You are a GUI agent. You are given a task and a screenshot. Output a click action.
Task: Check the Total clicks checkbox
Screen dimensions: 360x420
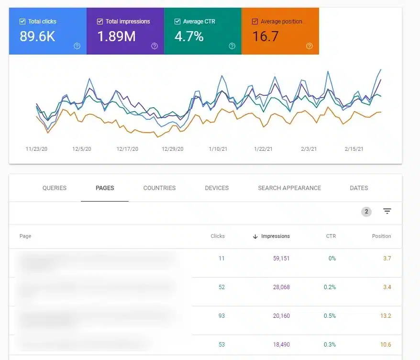[22, 22]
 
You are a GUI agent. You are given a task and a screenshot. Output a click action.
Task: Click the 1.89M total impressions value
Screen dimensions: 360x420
[116, 36]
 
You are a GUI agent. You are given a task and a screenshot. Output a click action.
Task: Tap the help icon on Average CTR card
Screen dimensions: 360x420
[232, 46]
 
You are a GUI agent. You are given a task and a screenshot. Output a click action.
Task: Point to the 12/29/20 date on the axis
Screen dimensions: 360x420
[173, 149]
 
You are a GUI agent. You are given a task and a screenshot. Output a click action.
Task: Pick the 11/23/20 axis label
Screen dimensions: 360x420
[36, 149]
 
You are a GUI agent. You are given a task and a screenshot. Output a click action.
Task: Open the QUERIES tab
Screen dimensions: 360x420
[55, 188]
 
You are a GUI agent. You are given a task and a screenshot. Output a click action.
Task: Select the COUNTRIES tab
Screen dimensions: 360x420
[159, 188]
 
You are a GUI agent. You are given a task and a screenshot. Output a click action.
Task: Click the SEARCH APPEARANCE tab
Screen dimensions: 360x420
[289, 188]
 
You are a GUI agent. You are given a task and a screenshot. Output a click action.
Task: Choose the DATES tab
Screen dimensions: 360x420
[359, 188]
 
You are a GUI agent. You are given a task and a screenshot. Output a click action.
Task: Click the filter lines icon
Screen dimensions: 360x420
[387, 212]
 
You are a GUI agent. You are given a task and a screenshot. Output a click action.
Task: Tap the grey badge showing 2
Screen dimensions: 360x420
[366, 212]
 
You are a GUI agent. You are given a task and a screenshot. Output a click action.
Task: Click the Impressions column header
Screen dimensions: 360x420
[275, 236]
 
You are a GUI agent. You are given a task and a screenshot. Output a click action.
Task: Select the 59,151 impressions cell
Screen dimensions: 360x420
[278, 259]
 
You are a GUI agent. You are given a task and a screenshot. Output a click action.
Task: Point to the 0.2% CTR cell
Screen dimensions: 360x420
[329, 287]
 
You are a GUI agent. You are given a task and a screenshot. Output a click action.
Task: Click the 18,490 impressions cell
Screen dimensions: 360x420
[278, 345]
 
